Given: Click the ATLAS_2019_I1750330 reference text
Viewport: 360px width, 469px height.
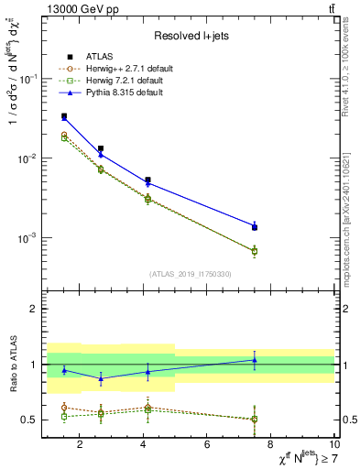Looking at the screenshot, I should coord(191,274).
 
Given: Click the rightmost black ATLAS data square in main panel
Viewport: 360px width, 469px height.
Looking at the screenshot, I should coord(255,227).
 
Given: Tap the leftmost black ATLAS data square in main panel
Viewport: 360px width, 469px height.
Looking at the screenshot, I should coord(63,116).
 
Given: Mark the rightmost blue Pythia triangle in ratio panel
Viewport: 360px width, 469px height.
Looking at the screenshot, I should coord(255,360).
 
